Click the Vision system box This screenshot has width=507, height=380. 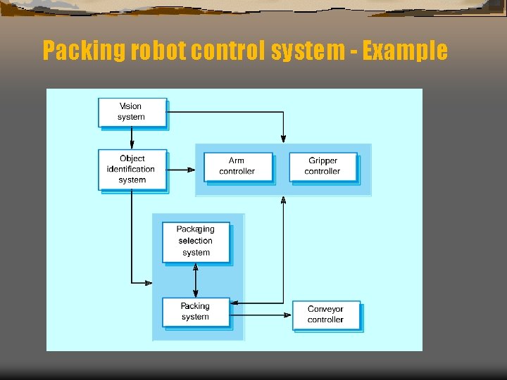tap(132, 112)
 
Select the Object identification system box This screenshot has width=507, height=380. tap(132, 169)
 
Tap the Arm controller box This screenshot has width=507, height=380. tap(237, 167)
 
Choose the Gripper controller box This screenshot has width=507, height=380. tap(323, 167)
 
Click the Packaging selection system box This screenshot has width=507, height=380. tap(196, 241)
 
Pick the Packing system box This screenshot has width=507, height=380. tap(196, 312)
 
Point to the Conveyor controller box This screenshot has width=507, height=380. tap(325, 315)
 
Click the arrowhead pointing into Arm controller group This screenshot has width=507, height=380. tap(191, 170)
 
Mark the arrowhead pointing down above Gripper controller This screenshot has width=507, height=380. tap(283, 138)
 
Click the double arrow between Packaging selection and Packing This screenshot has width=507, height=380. tap(196, 281)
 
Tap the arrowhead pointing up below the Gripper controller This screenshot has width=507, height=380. tap(283, 201)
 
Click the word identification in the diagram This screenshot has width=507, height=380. tap(131, 169)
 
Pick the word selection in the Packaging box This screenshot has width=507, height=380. tap(196, 241)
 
